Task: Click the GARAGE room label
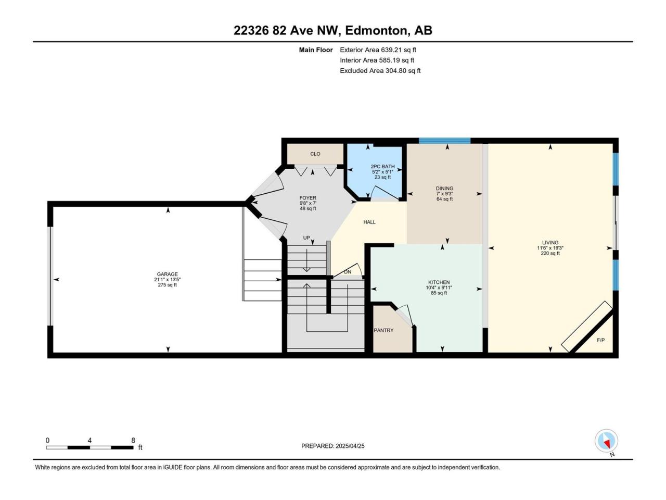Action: [167, 274]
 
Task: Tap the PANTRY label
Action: [383, 330]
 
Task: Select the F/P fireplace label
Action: [601, 340]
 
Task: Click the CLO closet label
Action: [315, 154]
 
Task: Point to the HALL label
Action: [369, 222]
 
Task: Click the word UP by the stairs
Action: [306, 238]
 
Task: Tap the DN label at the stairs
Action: [348, 272]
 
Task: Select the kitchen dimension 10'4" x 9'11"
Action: [439, 287]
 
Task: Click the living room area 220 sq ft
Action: [550, 253]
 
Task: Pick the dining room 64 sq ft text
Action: [444, 199]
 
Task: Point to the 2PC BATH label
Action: [382, 166]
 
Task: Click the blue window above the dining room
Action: [444, 141]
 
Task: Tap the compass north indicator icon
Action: [606, 441]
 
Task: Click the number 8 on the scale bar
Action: [133, 440]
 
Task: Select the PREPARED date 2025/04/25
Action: [350, 446]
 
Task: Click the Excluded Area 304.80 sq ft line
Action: [380, 71]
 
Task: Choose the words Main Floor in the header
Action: [316, 50]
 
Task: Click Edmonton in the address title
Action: [376, 31]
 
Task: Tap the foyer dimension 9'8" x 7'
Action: [308, 204]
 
